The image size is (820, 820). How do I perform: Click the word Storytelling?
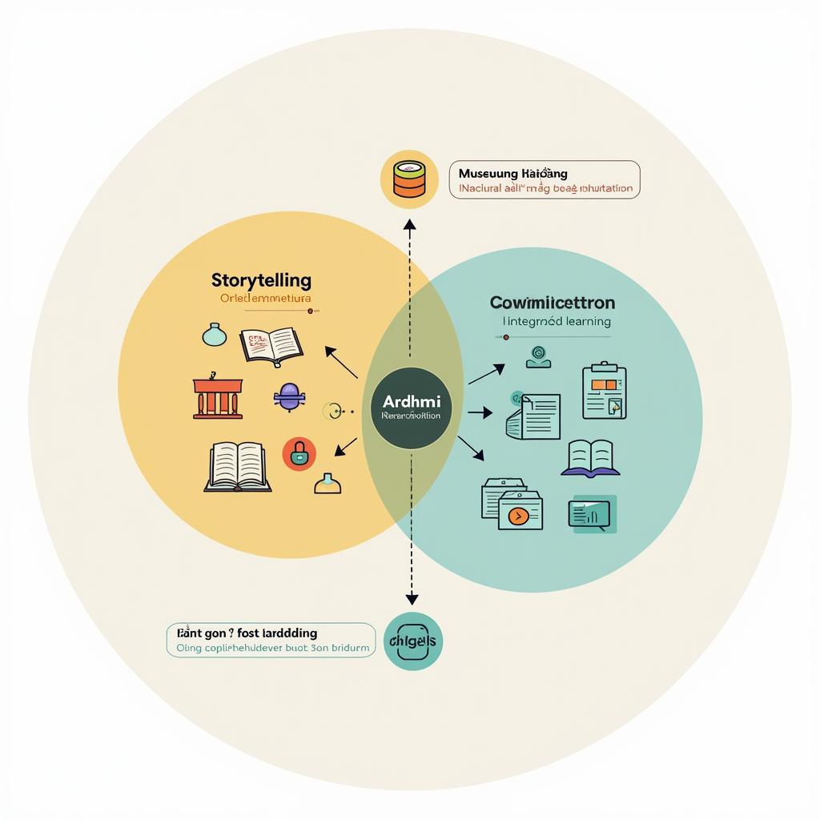tap(261, 280)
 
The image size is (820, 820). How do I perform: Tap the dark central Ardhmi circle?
tap(412, 408)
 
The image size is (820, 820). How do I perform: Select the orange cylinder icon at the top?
tap(409, 179)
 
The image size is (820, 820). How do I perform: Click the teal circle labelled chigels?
tap(412, 641)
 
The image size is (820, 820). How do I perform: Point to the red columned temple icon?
tap(217, 396)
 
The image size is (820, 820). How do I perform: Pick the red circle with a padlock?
tap(299, 455)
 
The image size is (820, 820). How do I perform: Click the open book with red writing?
tap(271, 345)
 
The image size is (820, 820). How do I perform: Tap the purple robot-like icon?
tap(288, 396)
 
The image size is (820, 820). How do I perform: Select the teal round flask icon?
tap(215, 335)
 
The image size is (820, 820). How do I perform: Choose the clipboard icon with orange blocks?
tap(605, 391)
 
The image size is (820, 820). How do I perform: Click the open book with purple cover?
tap(591, 459)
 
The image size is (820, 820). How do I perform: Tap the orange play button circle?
tap(514, 517)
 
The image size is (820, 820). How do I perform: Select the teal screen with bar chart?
tap(593, 515)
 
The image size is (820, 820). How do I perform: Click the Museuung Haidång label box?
tap(545, 179)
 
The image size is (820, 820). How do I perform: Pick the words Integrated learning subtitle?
tap(557, 321)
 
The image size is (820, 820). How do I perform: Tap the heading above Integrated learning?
tap(553, 303)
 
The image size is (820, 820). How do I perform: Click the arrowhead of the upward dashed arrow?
tap(410, 226)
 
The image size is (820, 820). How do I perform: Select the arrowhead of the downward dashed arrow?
tap(412, 599)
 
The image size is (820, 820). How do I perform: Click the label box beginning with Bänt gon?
tap(271, 640)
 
